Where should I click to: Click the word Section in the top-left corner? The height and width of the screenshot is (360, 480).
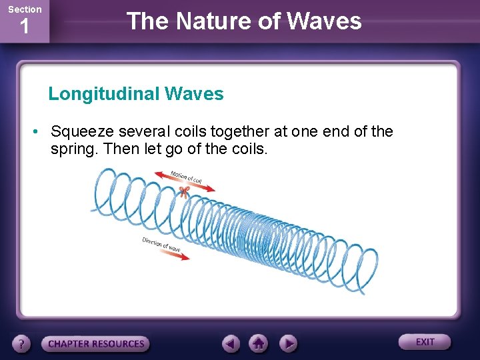tap(24, 9)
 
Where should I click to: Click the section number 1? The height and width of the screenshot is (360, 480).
tap(24, 27)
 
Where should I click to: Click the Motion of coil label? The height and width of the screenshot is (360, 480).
tap(186, 178)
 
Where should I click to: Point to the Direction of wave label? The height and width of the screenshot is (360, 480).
tap(161, 244)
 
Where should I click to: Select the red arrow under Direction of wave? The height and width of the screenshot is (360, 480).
tap(176, 256)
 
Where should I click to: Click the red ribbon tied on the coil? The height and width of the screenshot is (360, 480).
tap(184, 193)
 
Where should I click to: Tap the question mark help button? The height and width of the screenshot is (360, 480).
tap(22, 344)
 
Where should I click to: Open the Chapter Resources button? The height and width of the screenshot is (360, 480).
tap(95, 344)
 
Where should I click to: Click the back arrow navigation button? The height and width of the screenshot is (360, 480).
tap(231, 344)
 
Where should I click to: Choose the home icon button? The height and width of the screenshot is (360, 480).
tap(259, 344)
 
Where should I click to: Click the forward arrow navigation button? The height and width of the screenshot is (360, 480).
tap(287, 344)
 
